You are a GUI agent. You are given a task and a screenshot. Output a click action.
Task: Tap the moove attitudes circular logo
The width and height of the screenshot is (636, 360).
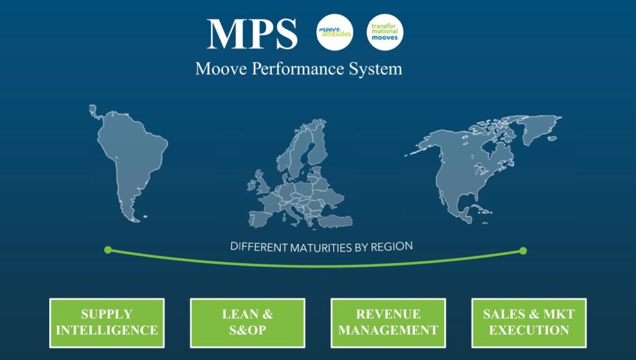[335, 32]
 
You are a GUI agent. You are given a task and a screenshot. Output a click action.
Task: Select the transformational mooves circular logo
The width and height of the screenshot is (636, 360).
[385, 32]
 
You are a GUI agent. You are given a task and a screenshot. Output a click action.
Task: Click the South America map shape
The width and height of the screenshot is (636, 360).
[132, 158]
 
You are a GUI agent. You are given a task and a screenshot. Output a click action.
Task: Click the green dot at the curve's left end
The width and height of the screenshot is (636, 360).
[108, 250]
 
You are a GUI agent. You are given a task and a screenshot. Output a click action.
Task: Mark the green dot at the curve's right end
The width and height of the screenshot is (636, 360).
[523, 251]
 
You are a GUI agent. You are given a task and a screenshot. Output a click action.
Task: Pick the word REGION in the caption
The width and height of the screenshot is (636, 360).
[391, 247]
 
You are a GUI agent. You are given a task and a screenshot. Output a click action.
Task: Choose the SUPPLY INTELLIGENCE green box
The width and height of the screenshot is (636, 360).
[107, 323]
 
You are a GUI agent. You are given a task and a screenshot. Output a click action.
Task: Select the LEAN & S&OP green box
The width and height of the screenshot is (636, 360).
[247, 323]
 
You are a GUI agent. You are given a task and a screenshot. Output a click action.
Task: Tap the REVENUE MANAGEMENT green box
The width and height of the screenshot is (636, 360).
[388, 323]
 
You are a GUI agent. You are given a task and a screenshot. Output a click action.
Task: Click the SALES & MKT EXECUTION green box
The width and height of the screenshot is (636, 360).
[529, 323]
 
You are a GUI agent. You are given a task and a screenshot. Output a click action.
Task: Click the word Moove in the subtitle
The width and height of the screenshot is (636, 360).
[215, 68]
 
